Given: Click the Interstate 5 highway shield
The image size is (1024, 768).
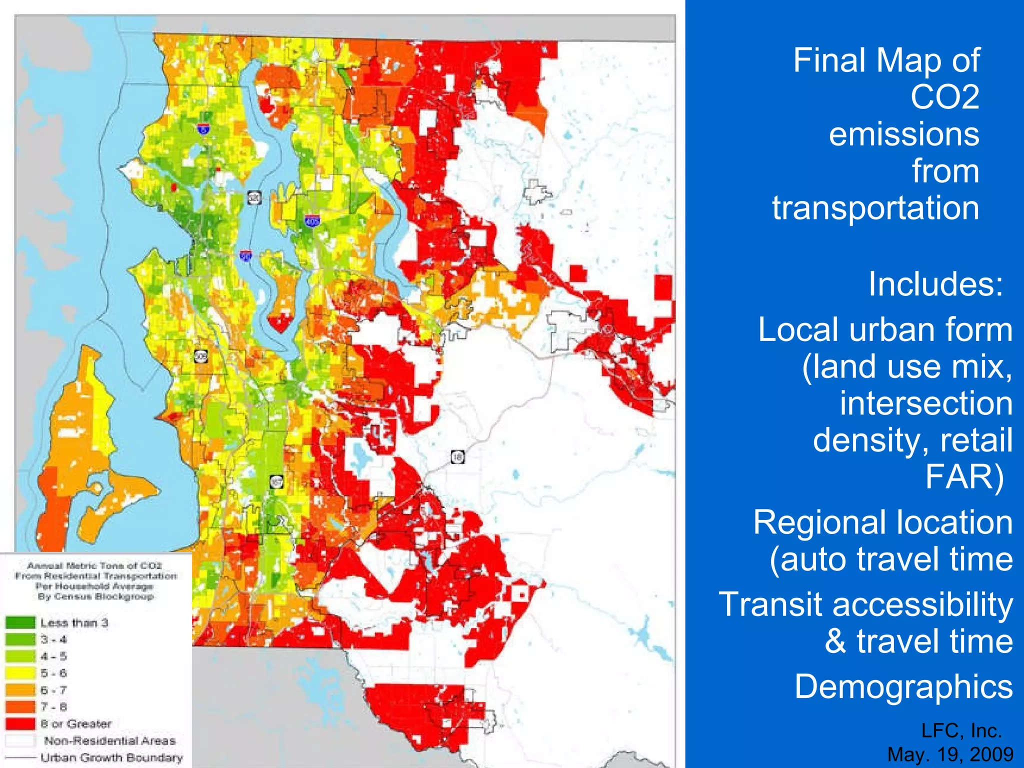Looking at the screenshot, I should (x=203, y=129).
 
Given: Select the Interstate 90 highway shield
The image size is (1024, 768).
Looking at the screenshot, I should (x=245, y=256).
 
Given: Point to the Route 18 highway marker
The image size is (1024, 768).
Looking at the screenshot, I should (x=457, y=456).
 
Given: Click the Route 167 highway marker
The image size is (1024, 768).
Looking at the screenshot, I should (x=277, y=482).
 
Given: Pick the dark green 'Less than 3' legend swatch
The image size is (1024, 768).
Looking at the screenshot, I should (x=20, y=622).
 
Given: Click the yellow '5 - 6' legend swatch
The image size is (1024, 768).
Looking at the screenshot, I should (x=20, y=673).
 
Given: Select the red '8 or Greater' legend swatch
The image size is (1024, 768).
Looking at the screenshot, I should (x=20, y=723).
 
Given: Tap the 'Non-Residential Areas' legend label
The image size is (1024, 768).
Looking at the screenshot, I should (x=109, y=740).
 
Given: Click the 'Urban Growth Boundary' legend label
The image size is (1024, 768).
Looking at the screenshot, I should (x=111, y=757).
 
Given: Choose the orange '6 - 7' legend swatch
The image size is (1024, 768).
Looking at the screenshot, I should (x=20, y=690).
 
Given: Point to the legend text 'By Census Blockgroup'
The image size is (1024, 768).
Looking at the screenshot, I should (x=95, y=596).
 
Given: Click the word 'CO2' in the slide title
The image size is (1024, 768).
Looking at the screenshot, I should (x=944, y=97).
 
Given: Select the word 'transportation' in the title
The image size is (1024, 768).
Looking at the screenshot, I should (x=875, y=207).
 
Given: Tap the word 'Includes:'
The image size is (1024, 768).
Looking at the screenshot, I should (x=935, y=284).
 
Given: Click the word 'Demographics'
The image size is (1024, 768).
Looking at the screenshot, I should (x=903, y=686).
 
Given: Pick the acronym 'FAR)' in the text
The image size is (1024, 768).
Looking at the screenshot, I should (x=964, y=477).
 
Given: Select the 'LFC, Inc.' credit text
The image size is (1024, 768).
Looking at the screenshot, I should (x=961, y=730).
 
